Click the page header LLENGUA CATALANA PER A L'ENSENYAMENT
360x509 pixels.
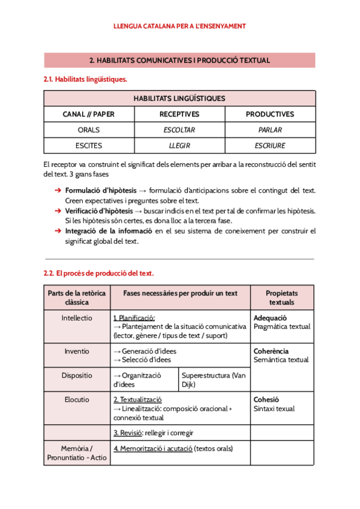[x=179, y=26]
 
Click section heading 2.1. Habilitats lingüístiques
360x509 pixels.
[x=85, y=79]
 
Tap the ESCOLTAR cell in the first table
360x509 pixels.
[x=179, y=130]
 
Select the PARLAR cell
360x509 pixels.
[x=270, y=130]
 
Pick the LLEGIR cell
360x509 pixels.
[x=179, y=145]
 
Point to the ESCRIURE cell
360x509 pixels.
[x=270, y=145]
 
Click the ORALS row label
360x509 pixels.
[x=89, y=130]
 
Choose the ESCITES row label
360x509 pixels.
[x=89, y=145]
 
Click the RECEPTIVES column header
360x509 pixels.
[x=179, y=114]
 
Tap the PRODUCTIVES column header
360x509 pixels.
[x=270, y=114]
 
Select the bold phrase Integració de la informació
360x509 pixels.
[x=109, y=231]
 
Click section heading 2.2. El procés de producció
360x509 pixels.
[x=98, y=273]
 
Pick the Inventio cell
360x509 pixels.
[x=77, y=351]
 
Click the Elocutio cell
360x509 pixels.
[x=77, y=399]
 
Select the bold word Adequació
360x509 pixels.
[x=271, y=318]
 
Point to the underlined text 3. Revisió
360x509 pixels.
[x=128, y=433]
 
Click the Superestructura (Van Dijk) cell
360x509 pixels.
[x=214, y=380]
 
